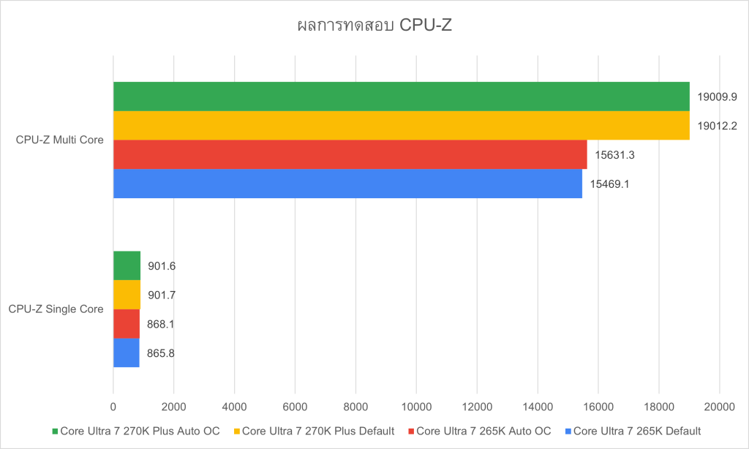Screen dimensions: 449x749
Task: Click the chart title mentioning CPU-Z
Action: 374,26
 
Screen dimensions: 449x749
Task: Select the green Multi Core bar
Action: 401,96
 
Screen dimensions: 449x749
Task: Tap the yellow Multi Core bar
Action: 401,125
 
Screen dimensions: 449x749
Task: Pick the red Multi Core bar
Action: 350,154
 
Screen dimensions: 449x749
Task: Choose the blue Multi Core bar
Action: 347,184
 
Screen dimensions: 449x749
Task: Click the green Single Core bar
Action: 127,265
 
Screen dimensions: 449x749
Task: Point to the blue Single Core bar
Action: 126,353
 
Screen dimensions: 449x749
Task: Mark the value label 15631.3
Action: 615,154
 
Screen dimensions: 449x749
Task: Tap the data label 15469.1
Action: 610,184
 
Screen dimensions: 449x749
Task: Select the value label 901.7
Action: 162,295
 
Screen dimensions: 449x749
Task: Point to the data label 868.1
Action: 161,324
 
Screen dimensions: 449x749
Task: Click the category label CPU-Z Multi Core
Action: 60,140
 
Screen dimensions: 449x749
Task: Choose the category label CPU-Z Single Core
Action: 56,309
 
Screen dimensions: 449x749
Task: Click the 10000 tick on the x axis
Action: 415,406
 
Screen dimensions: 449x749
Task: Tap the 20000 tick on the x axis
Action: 719,406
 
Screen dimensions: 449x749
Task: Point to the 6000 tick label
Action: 295,406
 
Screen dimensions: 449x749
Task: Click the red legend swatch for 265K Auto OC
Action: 410,431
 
